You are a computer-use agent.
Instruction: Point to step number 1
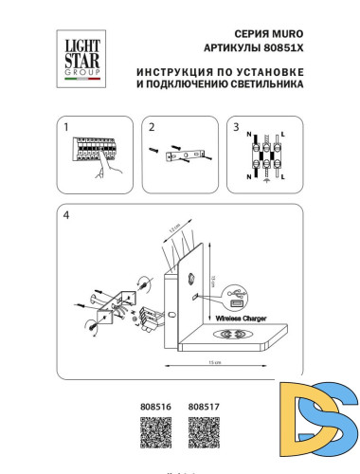click(64, 126)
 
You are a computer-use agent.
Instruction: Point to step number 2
click(150, 126)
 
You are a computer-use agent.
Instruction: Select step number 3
click(235, 126)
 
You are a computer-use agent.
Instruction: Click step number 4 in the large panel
click(65, 215)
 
